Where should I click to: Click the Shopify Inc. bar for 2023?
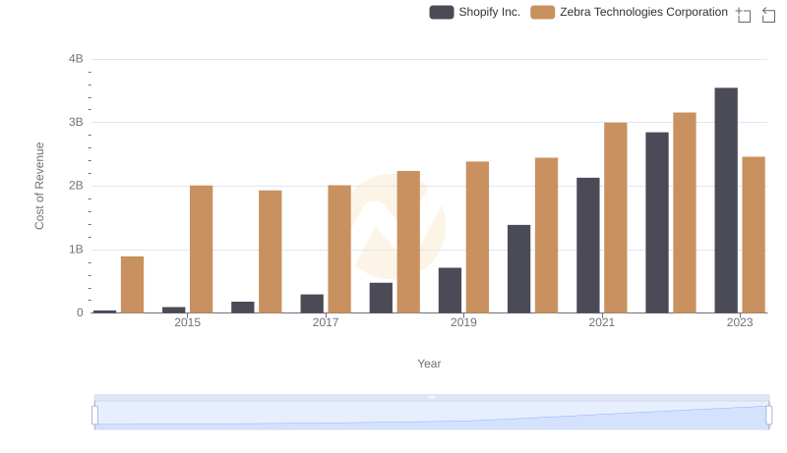(726, 200)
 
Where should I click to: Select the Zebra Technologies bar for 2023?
(754, 235)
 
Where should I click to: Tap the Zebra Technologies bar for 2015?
(201, 250)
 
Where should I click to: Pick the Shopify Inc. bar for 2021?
(588, 246)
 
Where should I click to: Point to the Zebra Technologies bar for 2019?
(477, 237)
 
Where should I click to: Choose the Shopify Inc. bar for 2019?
(450, 290)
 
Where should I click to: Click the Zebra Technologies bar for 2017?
(339, 249)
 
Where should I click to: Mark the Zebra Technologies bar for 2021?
(616, 218)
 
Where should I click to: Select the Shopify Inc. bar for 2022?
(657, 222)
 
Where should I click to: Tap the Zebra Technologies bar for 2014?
(132, 285)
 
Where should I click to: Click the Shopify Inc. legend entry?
(476, 12)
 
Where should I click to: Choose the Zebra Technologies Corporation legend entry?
(630, 12)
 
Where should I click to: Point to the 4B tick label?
(75, 59)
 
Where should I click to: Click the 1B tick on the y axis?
(75, 250)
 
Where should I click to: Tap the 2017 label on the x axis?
(326, 322)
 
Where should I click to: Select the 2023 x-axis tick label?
(740, 322)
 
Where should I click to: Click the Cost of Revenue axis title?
(40, 186)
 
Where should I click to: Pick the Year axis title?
(429, 364)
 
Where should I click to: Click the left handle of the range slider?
(95, 416)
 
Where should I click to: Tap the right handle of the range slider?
(769, 416)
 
